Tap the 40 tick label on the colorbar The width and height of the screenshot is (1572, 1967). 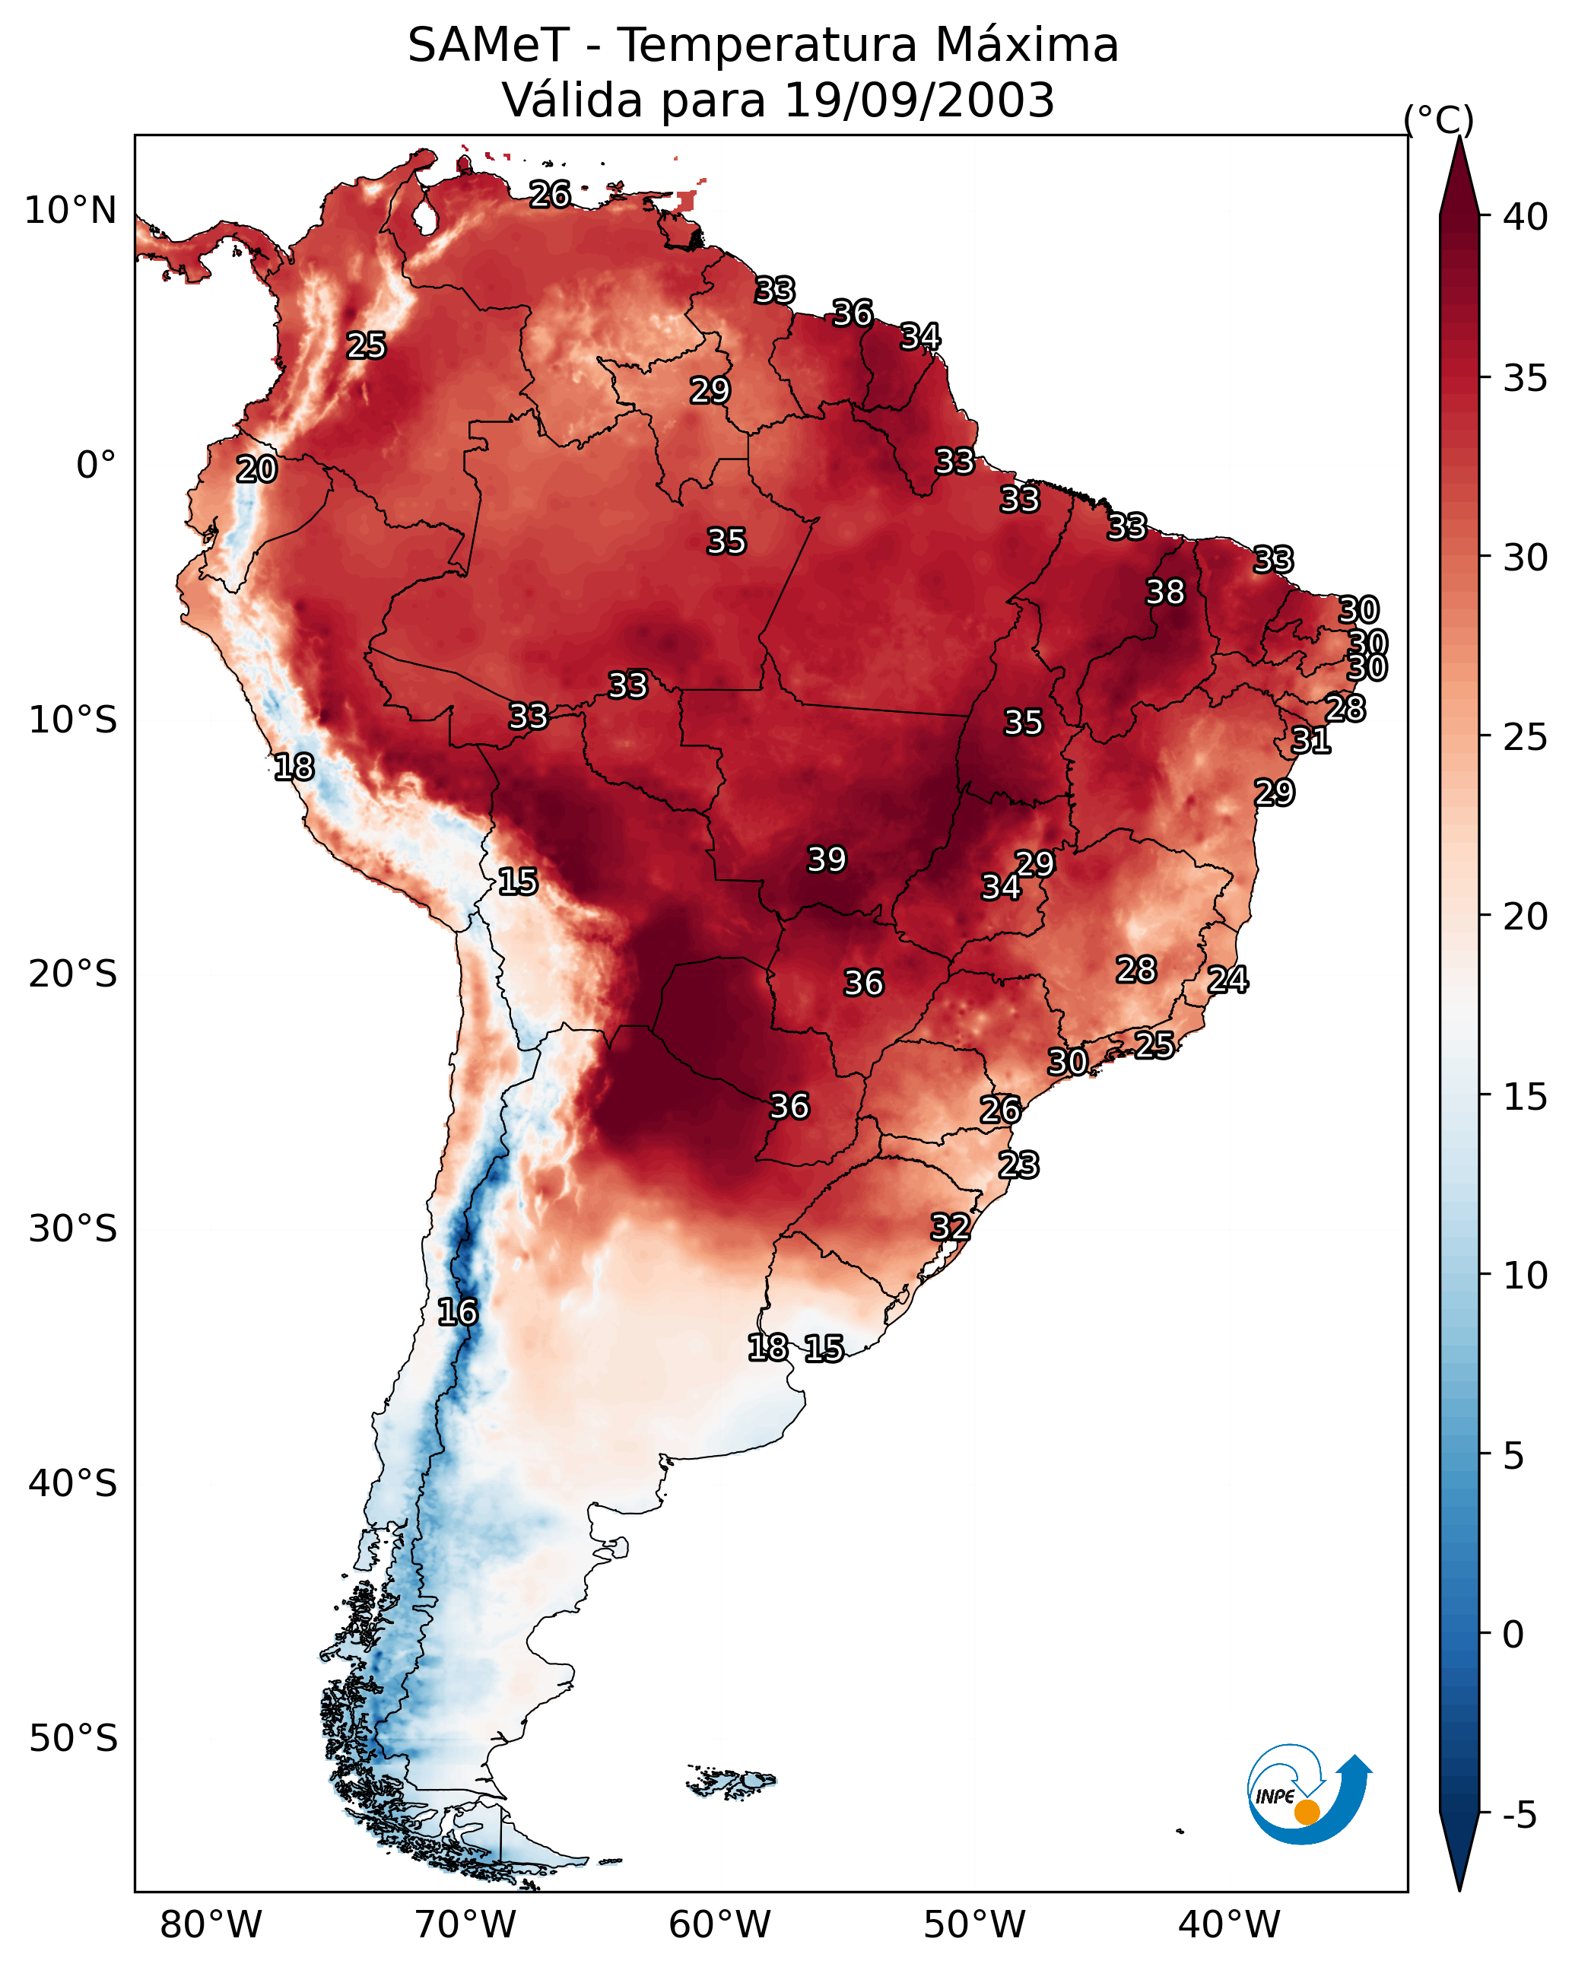(1526, 217)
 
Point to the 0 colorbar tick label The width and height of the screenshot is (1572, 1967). (1513, 1635)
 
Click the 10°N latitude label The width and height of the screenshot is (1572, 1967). (70, 211)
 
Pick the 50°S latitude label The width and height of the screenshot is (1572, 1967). (73, 1739)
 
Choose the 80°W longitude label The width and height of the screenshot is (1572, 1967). (211, 1924)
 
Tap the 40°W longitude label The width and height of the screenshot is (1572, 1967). (1229, 1924)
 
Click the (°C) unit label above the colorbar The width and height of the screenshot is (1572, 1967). (1438, 119)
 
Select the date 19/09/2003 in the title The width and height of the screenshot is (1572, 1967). (919, 100)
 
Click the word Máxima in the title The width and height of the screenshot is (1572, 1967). (1027, 45)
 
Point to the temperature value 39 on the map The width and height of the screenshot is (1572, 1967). (827, 860)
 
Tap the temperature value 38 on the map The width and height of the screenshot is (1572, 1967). (1165, 592)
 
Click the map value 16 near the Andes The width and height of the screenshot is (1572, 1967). (457, 1312)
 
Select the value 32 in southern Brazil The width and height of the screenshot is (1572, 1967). (950, 1227)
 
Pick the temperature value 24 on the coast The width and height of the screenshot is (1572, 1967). (1227, 980)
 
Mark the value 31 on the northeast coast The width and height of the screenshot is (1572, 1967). (1310, 740)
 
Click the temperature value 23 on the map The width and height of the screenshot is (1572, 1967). (1018, 1165)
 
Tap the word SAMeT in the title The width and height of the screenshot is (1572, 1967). (488, 45)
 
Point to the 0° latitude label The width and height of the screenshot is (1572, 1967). (96, 466)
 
